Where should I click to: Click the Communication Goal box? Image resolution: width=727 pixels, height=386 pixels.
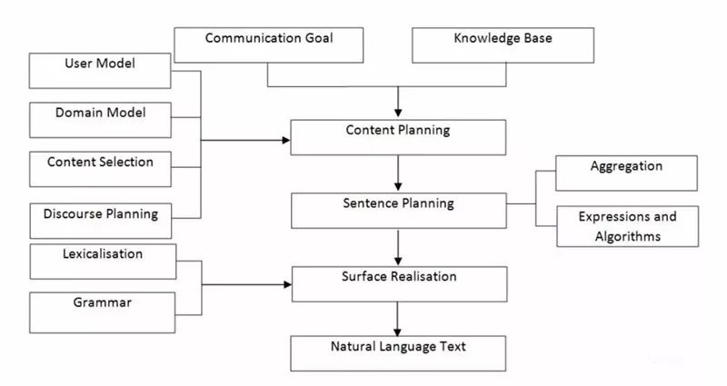click(x=269, y=45)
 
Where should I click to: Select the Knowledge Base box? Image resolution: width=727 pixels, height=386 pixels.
click(x=502, y=45)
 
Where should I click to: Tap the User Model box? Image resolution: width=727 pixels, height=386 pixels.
click(x=101, y=70)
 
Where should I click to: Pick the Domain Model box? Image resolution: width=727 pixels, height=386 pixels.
click(x=101, y=119)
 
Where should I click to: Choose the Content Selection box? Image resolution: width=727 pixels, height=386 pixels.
click(x=101, y=168)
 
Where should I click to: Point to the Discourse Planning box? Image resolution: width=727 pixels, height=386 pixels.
click(x=101, y=219)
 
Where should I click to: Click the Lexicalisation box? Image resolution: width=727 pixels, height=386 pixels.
click(x=101, y=261)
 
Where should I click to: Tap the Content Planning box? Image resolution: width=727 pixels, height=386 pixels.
click(x=398, y=137)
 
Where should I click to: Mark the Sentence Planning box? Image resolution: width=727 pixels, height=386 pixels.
click(x=398, y=210)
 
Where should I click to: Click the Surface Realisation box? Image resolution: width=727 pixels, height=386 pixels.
click(x=398, y=283)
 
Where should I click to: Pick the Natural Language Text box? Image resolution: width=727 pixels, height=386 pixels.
click(x=398, y=352)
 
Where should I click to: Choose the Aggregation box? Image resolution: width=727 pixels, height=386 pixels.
click(x=626, y=173)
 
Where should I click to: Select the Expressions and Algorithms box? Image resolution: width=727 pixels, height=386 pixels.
click(x=626, y=227)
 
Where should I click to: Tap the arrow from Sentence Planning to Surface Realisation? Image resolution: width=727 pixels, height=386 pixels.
click(x=398, y=246)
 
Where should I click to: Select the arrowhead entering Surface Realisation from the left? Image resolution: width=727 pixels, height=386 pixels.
click(x=286, y=284)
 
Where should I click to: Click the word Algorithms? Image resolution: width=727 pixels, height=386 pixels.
click(x=626, y=237)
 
